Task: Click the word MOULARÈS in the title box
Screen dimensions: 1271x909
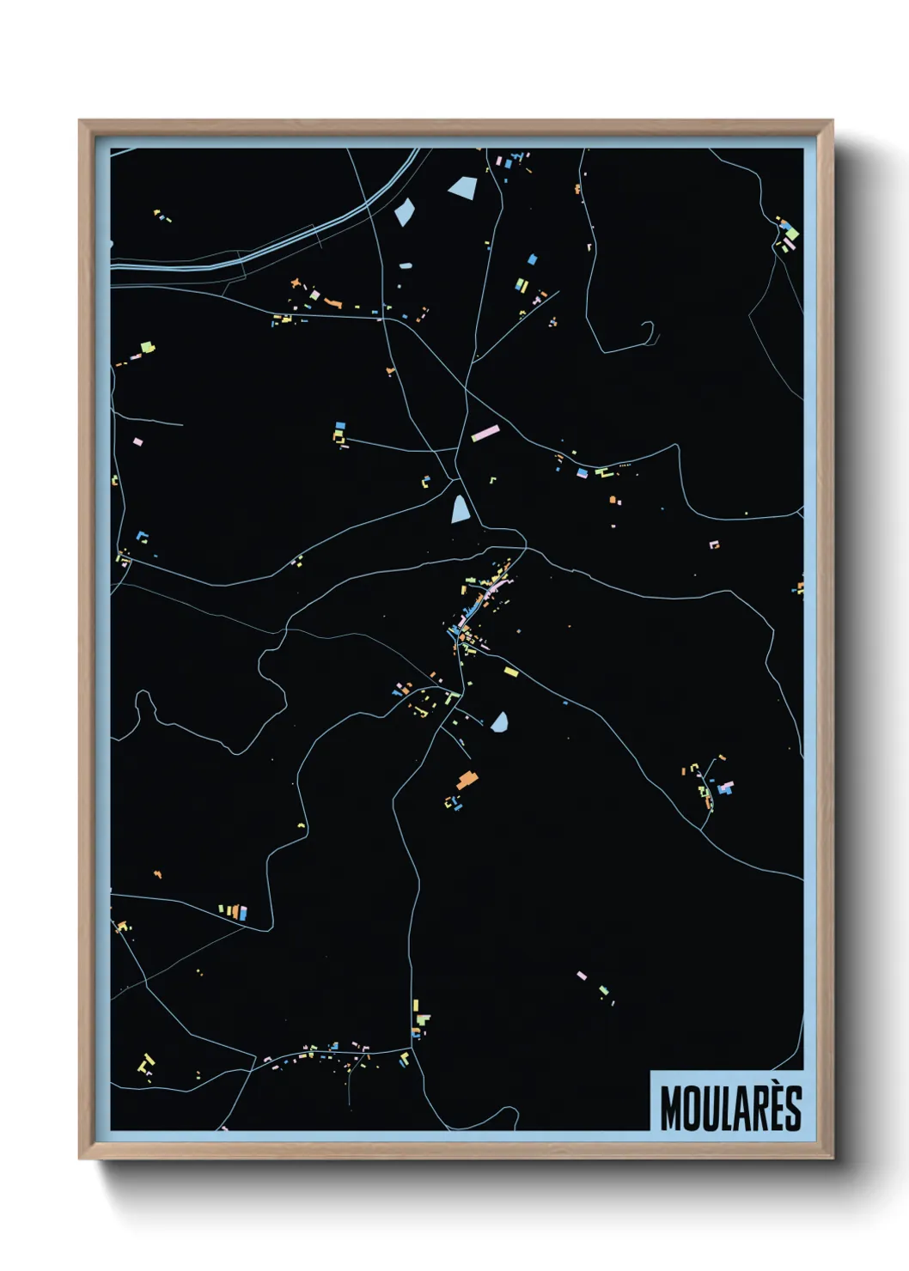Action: [730, 1108]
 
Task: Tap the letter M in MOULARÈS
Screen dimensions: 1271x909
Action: [670, 1109]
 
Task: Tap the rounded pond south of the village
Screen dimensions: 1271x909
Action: [499, 722]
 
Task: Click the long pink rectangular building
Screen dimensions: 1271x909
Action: [485, 433]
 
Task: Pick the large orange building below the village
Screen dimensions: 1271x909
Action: [467, 780]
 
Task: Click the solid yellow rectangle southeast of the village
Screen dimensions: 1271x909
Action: [511, 672]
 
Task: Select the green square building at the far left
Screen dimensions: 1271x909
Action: [148, 347]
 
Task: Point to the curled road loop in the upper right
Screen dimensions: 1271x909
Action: [648, 330]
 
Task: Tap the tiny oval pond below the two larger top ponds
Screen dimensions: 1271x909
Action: [406, 265]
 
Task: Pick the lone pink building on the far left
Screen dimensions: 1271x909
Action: [137, 441]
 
